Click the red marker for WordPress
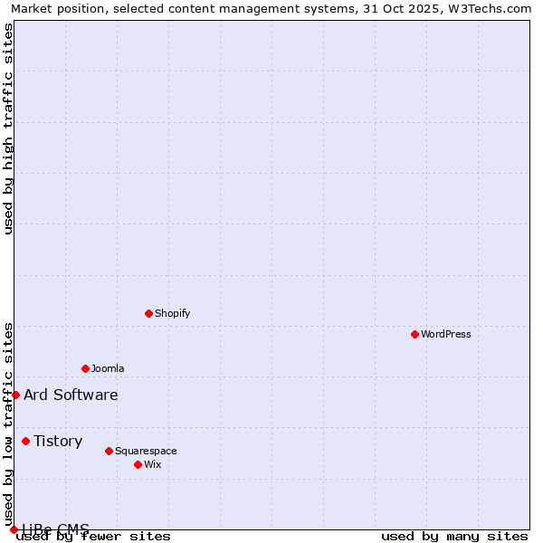414,334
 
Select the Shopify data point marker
148,313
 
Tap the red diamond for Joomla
85,368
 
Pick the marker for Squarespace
109,451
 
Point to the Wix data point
138,464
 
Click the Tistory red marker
25,441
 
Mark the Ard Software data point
15,395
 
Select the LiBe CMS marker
14,529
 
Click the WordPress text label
446,334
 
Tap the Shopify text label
173,313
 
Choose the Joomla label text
108,368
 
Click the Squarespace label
146,451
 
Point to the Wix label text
153,464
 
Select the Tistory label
58,441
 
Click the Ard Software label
71,395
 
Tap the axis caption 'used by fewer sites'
94,537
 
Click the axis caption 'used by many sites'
454,537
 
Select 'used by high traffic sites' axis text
8,129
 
